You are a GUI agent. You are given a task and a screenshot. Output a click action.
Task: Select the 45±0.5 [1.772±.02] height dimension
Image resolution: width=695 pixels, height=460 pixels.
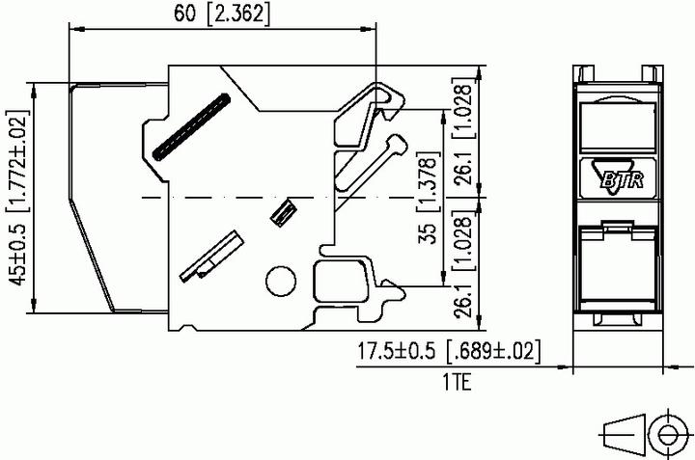(x=15, y=198)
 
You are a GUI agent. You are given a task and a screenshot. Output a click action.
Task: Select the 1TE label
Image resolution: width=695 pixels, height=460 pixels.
(x=457, y=383)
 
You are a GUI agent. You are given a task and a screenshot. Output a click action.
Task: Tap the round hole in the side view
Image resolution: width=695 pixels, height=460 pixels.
(x=280, y=281)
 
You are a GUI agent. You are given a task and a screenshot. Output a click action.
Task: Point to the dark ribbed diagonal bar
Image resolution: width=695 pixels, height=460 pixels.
(x=192, y=125)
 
